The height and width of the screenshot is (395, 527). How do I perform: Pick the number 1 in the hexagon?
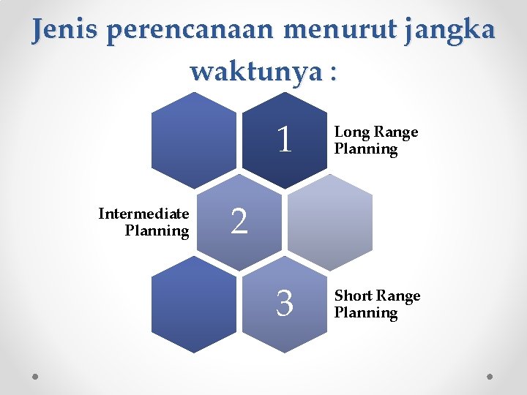[285, 139]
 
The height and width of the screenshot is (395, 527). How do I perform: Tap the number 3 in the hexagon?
[285, 303]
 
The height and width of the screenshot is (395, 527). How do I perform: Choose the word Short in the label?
[354, 296]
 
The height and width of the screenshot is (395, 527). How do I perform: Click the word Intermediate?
[143, 214]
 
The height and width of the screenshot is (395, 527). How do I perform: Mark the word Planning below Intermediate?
[157, 231]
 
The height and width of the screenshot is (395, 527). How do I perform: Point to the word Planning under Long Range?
[366, 149]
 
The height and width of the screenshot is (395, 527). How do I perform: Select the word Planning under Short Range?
[366, 313]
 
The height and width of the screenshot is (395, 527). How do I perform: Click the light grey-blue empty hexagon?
[330, 221]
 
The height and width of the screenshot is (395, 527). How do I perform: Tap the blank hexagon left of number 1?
[194, 139]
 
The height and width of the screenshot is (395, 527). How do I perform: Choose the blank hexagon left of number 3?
[194, 303]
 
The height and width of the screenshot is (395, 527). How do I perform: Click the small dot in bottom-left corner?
[36, 375]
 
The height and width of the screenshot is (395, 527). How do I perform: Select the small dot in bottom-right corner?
[490, 375]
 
